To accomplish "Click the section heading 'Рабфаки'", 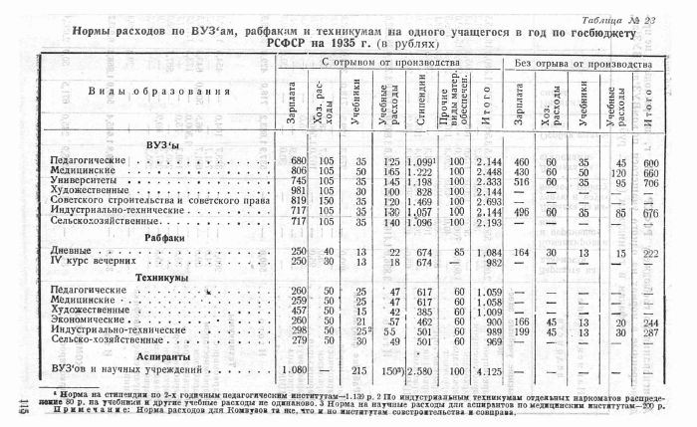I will coord(164,238).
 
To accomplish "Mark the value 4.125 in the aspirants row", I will coord(488,371).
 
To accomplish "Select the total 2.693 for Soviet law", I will coord(488,202).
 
